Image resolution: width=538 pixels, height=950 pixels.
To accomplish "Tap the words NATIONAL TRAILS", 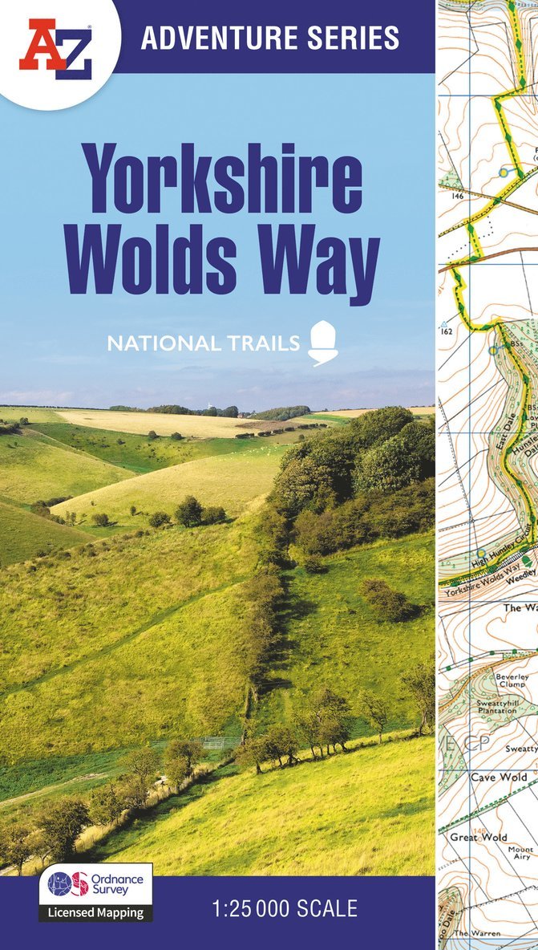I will [x=204, y=344].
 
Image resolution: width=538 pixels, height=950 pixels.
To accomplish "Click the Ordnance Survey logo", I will [x=95, y=884].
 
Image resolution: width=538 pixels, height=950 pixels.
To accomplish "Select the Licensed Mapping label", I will [x=95, y=912].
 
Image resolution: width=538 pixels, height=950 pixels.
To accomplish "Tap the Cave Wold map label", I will [x=499, y=777].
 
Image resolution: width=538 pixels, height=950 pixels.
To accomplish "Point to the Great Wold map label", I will [x=479, y=838].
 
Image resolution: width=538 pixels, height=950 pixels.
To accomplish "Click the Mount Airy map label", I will [x=520, y=853].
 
